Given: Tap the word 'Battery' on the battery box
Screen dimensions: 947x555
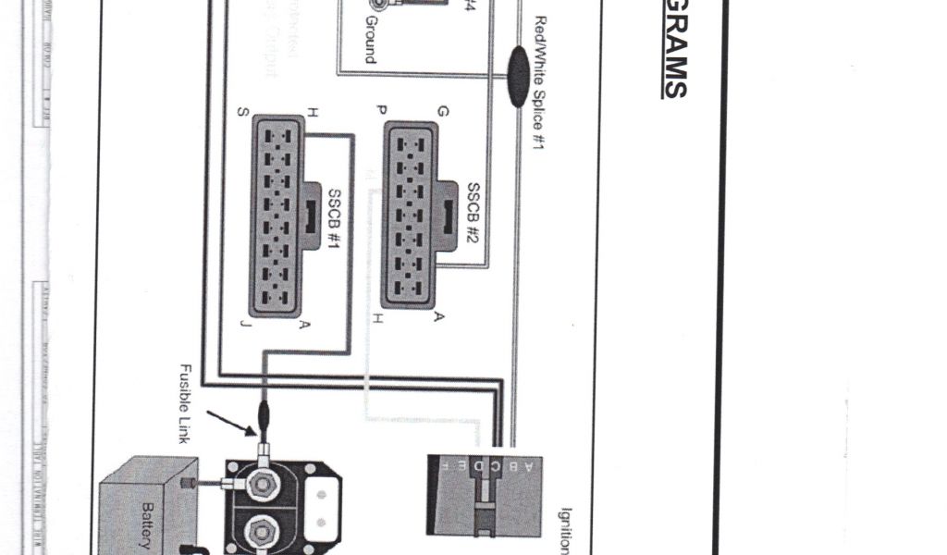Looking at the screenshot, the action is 145,525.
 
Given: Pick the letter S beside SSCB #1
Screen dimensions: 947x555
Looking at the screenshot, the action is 242,113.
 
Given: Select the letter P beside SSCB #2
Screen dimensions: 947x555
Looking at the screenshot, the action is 381,111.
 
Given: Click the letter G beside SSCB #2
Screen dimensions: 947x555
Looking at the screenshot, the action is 443,112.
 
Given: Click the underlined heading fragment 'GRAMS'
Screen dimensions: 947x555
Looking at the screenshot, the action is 674,48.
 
